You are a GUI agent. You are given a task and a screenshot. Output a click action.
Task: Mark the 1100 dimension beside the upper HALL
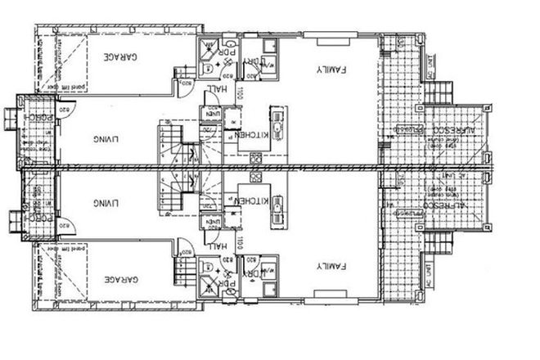click(242, 95)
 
